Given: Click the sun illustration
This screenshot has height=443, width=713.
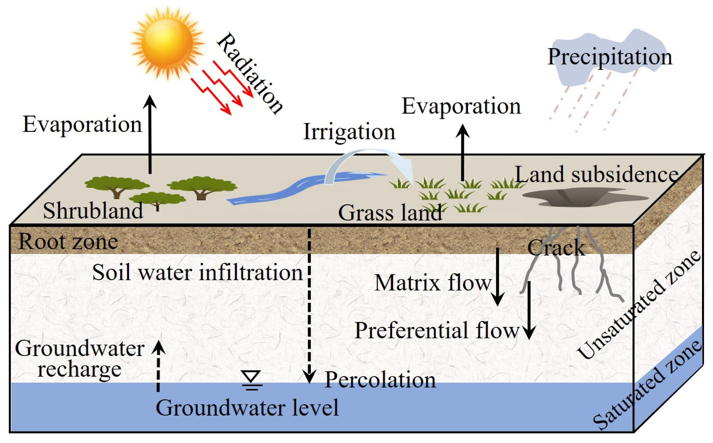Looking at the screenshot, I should [x=167, y=42].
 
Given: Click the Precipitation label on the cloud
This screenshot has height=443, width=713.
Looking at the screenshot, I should [x=610, y=57].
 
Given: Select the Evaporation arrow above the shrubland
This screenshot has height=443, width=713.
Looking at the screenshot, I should [x=150, y=135].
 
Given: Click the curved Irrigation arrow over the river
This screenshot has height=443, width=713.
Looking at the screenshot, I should [x=369, y=161].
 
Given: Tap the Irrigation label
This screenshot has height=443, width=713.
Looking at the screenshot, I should [x=349, y=132].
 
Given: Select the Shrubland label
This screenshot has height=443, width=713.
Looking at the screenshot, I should [x=93, y=211].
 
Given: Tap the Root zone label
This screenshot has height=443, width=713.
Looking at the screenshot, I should [x=68, y=241].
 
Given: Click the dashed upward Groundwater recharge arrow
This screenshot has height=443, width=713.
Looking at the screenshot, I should [x=158, y=366].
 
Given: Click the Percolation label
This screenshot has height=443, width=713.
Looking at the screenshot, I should [x=380, y=380].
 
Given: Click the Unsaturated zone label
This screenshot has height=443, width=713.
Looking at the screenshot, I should [x=639, y=305].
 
